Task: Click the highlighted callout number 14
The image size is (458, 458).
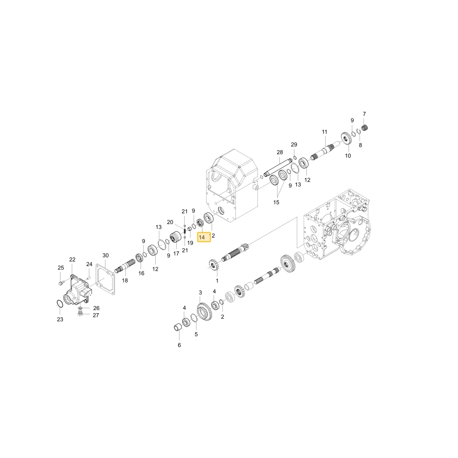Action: [202, 237]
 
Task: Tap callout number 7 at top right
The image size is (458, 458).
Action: [364, 114]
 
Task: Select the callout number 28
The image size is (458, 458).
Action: [280, 152]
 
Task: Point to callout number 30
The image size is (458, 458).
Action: [105, 255]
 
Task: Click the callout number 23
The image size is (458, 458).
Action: [60, 319]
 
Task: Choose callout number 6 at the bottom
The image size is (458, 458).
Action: [180, 345]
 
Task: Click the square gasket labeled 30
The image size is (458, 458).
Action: [106, 278]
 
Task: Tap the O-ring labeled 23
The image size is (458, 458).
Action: [60, 304]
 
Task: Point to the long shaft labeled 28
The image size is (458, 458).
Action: [278, 167]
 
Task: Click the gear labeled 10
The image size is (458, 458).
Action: [346, 138]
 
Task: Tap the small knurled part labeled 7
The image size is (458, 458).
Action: [365, 128]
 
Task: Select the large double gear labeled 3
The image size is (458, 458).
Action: [204, 311]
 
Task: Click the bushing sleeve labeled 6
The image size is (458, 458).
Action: [178, 328]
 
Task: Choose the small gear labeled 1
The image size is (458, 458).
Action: [214, 265]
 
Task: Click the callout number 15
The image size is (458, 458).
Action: [276, 202]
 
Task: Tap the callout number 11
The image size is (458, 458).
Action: [325, 132]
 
